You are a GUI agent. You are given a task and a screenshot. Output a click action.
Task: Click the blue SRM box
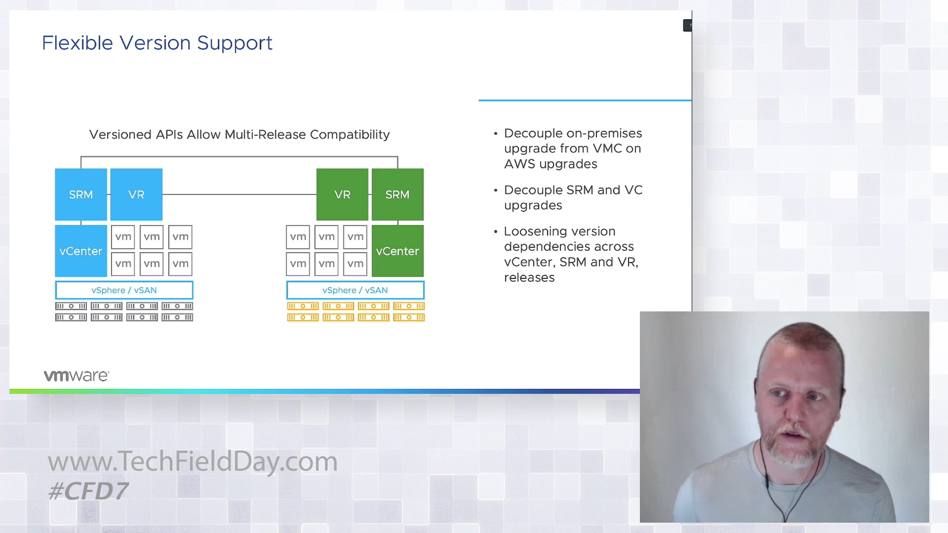coord(81,194)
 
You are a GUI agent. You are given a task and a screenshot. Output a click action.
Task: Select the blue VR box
coord(136,194)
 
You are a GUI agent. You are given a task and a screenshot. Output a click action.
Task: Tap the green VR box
coord(342,194)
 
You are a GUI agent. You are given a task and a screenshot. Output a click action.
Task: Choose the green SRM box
coord(397,194)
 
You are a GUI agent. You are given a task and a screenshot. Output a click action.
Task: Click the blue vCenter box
coord(81,251)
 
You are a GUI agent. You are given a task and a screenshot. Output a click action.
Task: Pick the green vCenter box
coord(397,251)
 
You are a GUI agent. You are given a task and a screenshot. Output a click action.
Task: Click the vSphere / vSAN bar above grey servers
coord(124,290)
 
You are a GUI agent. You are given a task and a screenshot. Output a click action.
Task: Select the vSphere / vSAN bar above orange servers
coord(355,290)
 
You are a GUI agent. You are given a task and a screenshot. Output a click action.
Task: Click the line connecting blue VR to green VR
coord(239,194)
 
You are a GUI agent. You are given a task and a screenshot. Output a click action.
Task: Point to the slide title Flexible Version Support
coord(157,43)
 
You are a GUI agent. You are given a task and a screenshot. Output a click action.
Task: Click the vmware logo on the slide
coord(76,375)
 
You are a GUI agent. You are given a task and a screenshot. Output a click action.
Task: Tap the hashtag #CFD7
coord(88,491)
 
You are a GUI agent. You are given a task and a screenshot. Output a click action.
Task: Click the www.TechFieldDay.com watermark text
coord(193,462)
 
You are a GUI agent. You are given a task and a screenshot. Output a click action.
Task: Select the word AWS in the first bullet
coord(520,164)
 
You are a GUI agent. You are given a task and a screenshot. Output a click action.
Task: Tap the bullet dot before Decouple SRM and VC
coord(495,190)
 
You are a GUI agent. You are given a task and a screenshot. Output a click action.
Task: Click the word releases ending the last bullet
coord(529,278)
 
